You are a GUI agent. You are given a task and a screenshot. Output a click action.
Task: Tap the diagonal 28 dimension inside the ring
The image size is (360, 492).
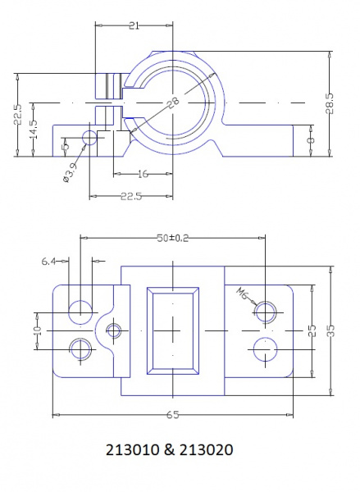pyautogui.click(x=171, y=103)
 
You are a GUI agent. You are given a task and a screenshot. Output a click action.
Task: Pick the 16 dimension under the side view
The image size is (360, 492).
pyautogui.click(x=144, y=174)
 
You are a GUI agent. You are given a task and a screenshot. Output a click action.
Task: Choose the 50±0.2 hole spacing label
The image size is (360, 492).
pyautogui.click(x=172, y=238)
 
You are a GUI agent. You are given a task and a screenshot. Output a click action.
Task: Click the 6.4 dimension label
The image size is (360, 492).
pyautogui.click(x=48, y=262)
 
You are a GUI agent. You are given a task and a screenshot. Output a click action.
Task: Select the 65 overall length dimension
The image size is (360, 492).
pyautogui.click(x=171, y=417)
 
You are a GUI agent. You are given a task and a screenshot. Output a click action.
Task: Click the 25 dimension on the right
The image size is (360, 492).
pyautogui.click(x=312, y=330)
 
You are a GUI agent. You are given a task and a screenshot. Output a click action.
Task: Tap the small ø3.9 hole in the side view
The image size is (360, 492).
pyautogui.click(x=89, y=136)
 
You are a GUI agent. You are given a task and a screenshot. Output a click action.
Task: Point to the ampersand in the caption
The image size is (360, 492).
pyautogui.click(x=171, y=450)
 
